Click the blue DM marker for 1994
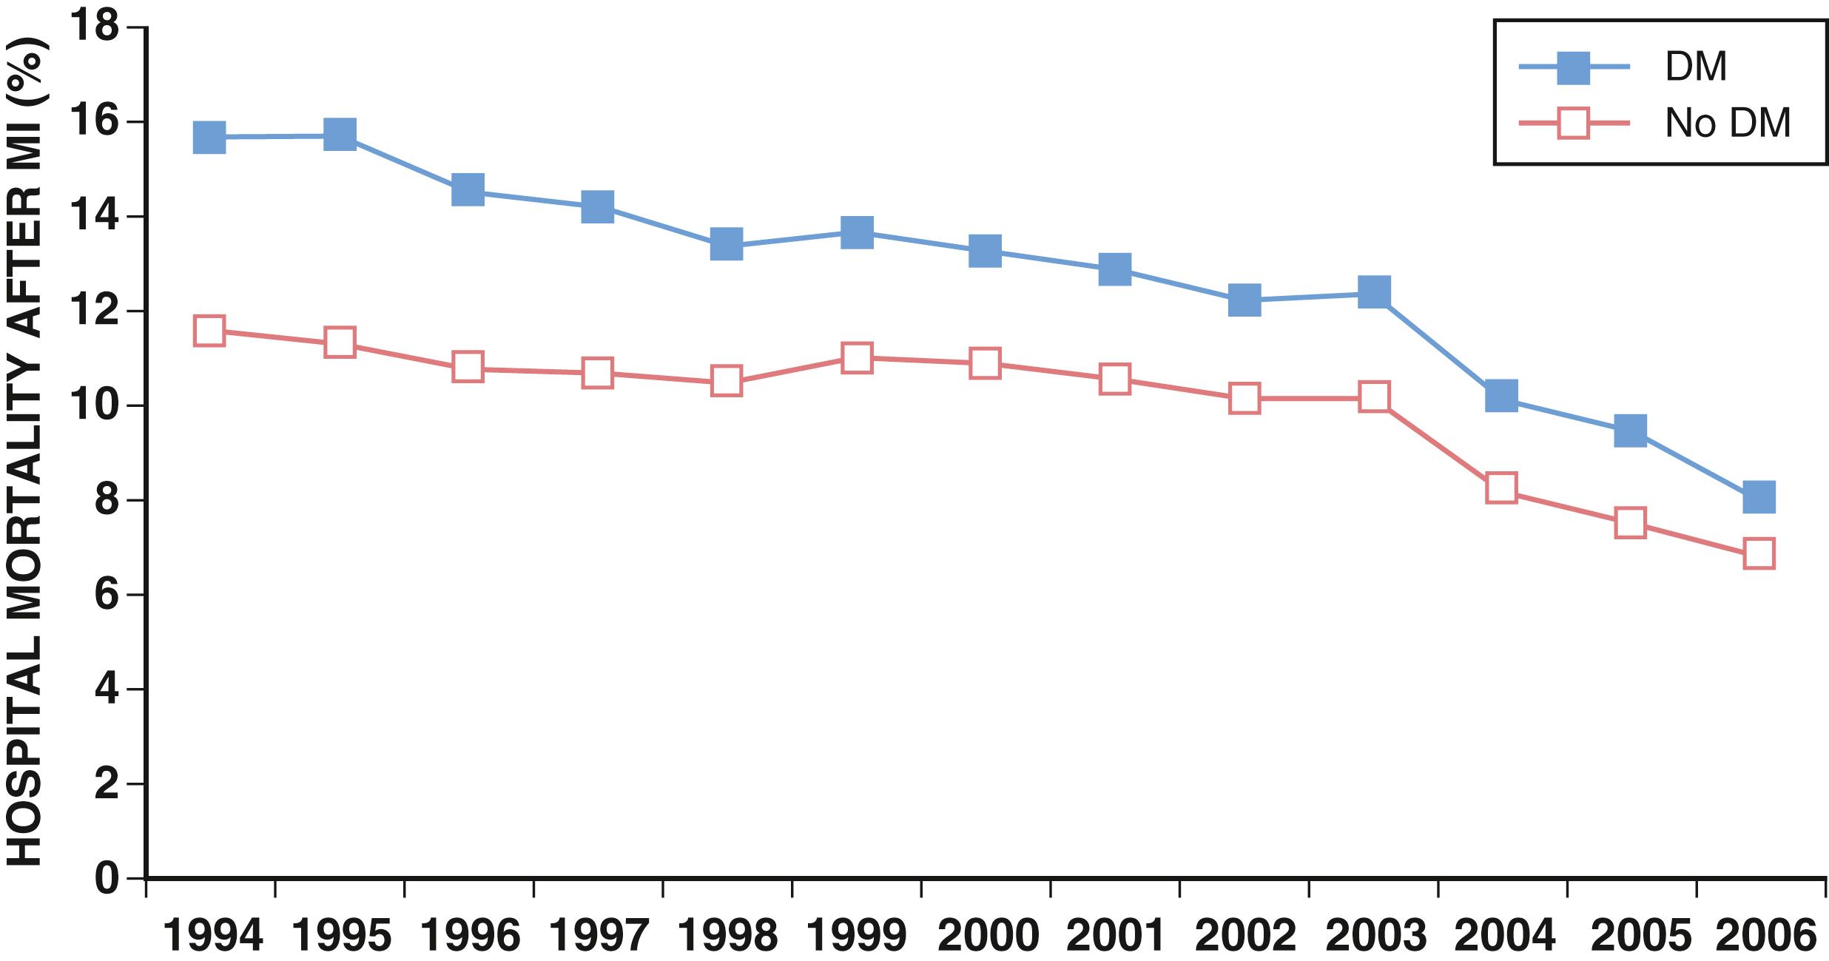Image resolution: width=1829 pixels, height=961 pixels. coord(209,138)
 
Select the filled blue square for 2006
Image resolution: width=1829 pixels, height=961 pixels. coord(1759,496)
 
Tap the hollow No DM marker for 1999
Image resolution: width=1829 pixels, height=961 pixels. coord(856,358)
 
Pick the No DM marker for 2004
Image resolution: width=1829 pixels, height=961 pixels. coord(1501,488)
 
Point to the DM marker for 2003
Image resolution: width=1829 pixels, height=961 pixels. coord(1373,292)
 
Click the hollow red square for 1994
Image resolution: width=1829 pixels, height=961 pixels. coord(209,330)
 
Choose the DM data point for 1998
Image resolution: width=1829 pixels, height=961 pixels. coord(727,244)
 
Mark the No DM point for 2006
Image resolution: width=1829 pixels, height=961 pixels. coord(1759,553)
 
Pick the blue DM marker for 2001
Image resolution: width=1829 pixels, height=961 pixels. coord(1114,269)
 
